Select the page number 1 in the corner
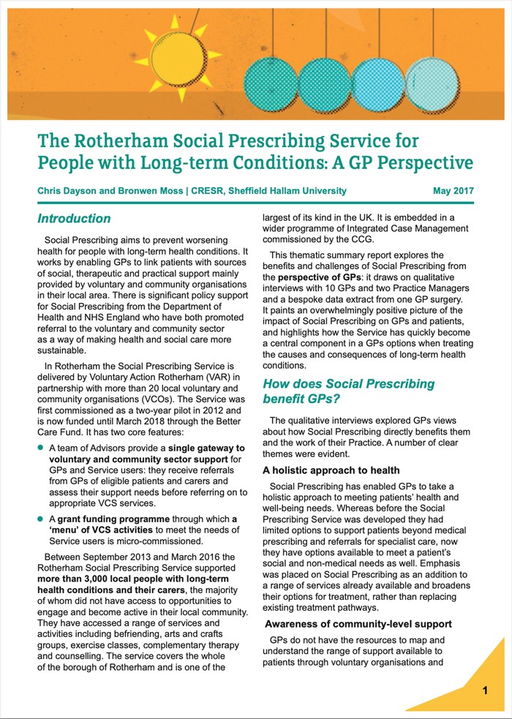pos(485,690)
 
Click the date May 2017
pos(453,192)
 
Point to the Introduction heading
pos(74,219)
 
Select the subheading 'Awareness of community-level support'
pos(358,624)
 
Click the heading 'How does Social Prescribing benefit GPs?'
pos(348,391)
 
